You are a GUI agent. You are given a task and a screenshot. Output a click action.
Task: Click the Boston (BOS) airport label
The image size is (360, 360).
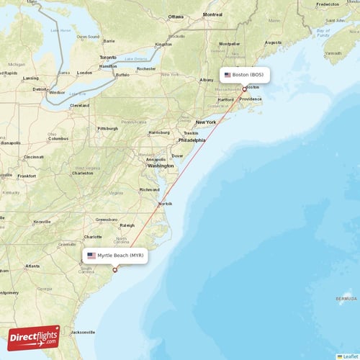(x=244, y=75)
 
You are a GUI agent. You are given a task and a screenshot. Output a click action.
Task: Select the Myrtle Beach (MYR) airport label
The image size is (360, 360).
(x=114, y=256)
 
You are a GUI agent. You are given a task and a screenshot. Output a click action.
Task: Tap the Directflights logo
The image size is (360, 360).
(x=33, y=338)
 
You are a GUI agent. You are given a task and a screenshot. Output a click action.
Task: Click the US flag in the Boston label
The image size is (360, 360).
(x=228, y=75)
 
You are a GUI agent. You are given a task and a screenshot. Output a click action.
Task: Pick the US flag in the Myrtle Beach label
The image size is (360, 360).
(x=91, y=256)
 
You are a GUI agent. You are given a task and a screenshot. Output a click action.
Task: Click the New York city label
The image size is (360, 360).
(x=206, y=122)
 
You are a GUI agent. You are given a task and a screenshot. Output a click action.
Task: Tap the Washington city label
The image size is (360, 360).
(x=161, y=166)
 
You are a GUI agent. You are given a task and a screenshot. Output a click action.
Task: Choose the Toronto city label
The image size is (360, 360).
(x=108, y=57)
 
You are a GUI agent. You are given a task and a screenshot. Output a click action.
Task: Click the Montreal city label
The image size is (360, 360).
(x=212, y=14)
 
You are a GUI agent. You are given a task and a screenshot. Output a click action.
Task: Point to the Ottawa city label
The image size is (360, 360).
(x=176, y=16)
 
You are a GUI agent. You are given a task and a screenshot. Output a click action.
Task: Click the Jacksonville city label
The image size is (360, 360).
(x=82, y=332)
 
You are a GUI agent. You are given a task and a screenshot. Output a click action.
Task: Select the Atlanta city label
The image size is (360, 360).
(x=32, y=266)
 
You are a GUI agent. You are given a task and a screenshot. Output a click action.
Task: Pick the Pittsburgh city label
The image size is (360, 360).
(x=108, y=128)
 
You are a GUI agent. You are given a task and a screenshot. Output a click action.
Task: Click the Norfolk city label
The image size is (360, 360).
(x=166, y=204)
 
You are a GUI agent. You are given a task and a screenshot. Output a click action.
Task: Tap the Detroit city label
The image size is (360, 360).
(x=39, y=89)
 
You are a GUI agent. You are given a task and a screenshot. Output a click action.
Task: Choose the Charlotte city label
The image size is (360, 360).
(x=93, y=236)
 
